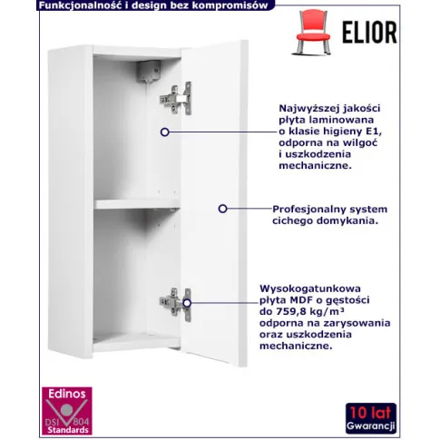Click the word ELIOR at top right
(x=369, y=32)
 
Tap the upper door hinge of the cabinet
(x=176, y=99)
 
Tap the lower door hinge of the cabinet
(x=176, y=304)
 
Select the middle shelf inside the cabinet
(x=137, y=204)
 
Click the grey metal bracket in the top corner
(x=149, y=72)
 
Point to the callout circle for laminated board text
(x=165, y=132)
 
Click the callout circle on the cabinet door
(x=223, y=209)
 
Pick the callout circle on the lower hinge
(x=187, y=303)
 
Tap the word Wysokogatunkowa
(x=310, y=289)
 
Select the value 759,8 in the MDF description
(x=290, y=311)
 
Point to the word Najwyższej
(x=304, y=109)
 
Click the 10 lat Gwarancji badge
(x=371, y=418)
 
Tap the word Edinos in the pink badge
(x=67, y=394)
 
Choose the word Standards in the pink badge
(x=68, y=430)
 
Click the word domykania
(x=352, y=220)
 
